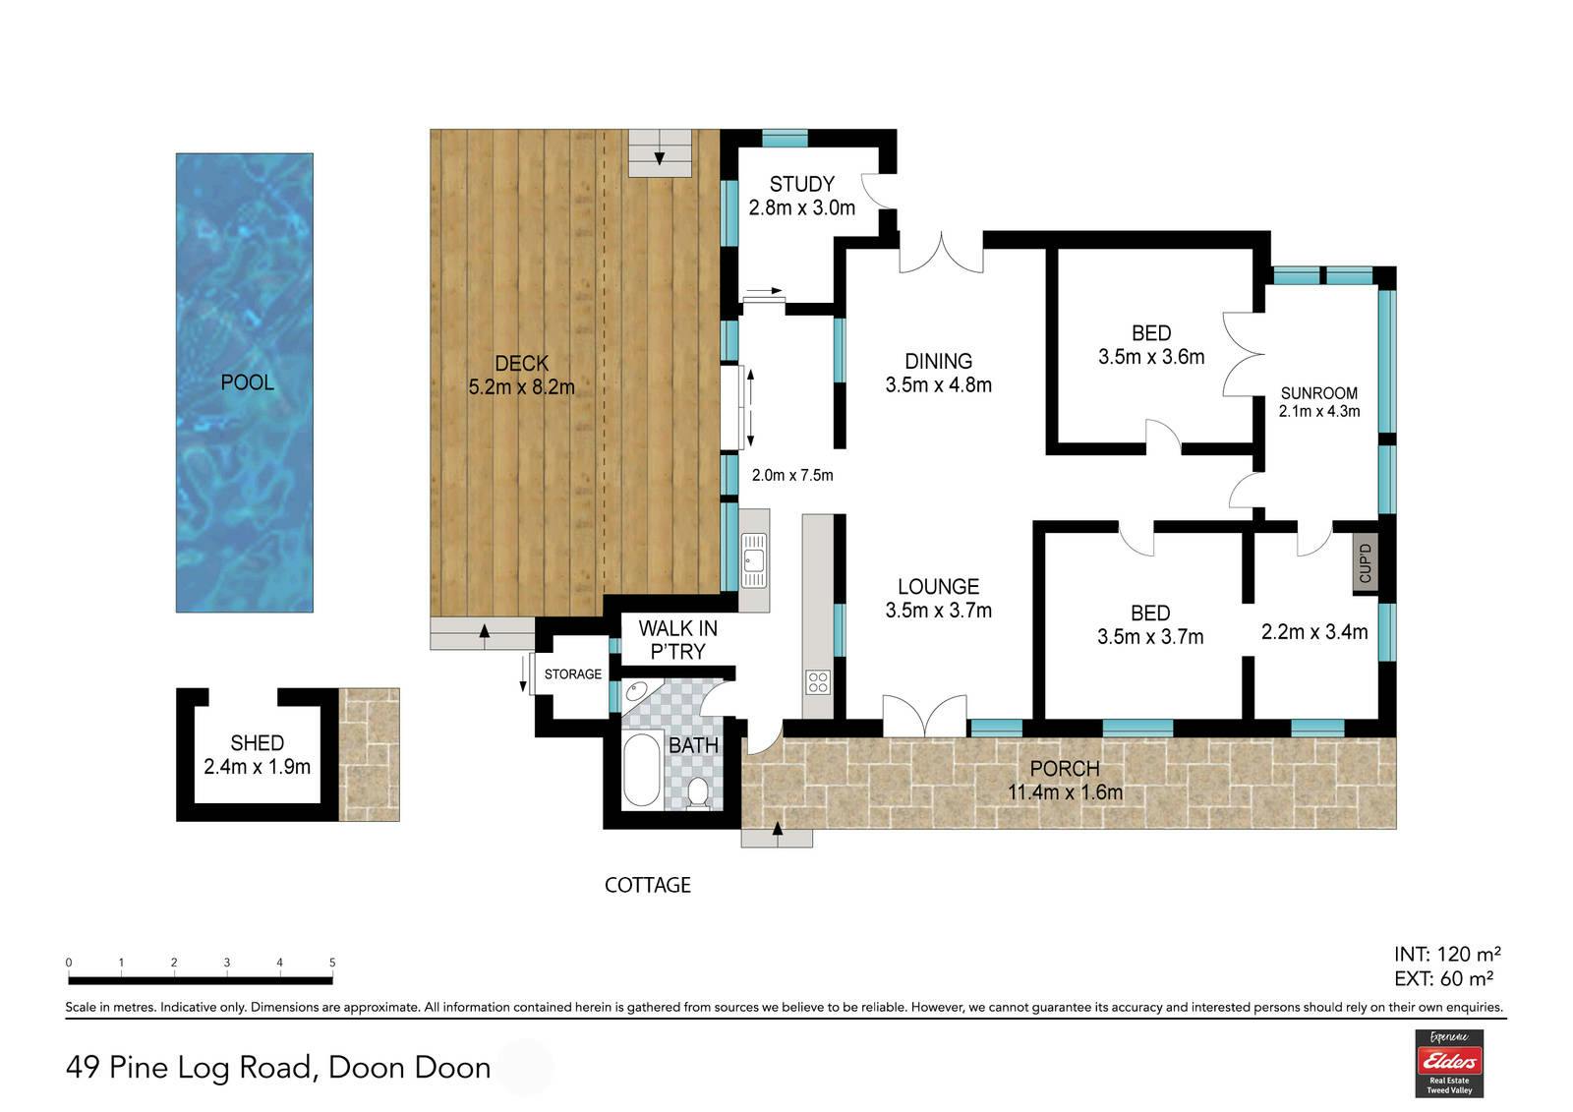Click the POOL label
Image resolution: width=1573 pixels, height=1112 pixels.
247,382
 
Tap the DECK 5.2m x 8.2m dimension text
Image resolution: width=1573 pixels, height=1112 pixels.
522,387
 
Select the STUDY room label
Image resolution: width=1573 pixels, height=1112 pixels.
802,185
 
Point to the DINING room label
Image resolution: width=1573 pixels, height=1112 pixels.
938,361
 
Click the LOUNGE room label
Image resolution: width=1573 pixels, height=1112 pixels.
938,587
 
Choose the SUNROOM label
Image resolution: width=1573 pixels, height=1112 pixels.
1318,393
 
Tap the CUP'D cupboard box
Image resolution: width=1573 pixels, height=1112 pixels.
1366,563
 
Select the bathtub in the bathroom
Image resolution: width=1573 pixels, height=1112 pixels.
641,769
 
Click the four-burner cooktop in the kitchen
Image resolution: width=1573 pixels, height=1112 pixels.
818,682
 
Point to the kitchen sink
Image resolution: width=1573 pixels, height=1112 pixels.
754,559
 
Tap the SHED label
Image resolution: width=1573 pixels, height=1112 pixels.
257,743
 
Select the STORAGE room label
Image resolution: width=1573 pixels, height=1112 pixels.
573,674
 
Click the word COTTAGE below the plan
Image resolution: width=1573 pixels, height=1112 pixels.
648,885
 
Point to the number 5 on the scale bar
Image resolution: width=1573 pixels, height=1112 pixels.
332,963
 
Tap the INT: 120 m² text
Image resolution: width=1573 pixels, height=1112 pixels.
1447,954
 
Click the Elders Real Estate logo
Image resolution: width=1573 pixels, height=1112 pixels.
1449,1063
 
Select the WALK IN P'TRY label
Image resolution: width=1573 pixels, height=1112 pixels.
677,640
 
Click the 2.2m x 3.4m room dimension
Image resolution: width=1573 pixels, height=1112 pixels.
1314,632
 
